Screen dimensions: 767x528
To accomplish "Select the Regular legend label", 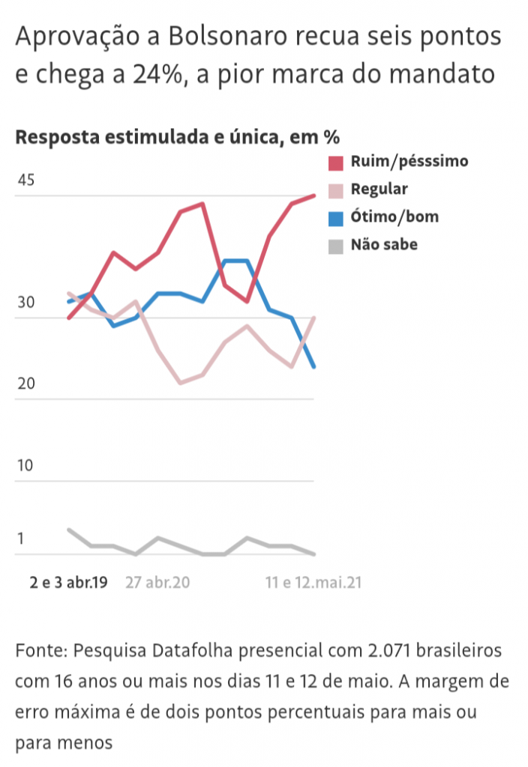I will pos(379,189).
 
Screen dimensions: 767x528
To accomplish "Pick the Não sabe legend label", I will pos(384,244).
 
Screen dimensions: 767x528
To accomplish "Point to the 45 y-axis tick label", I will pos(25,181).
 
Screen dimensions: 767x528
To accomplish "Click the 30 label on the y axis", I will pos(25,303).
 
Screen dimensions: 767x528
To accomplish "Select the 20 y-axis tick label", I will pos(25,384).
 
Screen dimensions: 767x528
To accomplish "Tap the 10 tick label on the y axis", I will pos(25,465).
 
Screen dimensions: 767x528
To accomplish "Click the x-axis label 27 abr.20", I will pos(157,582).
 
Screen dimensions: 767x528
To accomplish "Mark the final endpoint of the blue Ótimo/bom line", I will pos(313,367).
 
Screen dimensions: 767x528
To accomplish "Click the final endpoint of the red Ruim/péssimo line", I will pos(313,195).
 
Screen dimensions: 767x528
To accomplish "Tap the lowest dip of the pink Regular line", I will pos(180,383).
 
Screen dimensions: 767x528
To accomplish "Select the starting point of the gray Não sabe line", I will pos(69,530).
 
